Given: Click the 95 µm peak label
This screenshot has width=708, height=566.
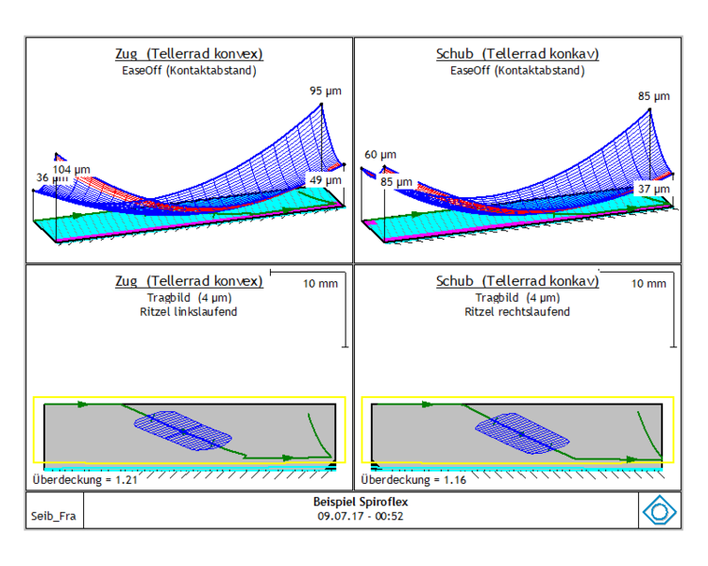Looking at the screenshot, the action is tap(325, 92).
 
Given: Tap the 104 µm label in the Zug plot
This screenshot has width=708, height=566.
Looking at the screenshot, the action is tap(72, 170).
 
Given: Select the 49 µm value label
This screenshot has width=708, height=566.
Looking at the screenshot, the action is tap(325, 180).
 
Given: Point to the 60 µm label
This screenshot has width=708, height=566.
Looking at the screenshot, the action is tap(380, 155).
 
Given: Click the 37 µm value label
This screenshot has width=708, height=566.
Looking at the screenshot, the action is tap(654, 189).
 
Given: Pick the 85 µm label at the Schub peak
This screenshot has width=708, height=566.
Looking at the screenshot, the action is tap(654, 96).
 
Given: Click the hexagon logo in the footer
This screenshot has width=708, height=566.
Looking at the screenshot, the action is tap(659, 510).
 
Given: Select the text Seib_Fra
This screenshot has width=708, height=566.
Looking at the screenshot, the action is tap(53, 516).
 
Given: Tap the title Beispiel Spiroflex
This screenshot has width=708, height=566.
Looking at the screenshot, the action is tap(361, 502).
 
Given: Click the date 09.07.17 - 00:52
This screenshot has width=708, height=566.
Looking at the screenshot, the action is tap(361, 516).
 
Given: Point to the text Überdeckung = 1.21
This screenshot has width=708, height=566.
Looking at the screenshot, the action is tap(85, 479).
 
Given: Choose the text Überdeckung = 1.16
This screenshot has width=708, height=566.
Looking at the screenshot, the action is tap(413, 479).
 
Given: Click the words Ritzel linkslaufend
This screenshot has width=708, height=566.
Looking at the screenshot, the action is tap(188, 312).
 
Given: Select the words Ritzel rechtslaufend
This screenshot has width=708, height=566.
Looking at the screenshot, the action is tap(517, 312).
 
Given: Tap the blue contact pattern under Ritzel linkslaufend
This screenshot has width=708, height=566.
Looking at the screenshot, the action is tap(183, 431).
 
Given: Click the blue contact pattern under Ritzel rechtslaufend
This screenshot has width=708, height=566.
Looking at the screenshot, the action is tap(522, 433).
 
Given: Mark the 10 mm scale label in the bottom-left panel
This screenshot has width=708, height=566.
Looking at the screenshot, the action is tap(320, 284).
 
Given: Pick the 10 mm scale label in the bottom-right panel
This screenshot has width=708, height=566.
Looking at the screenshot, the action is tap(649, 284).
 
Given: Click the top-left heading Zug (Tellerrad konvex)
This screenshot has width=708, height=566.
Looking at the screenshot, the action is tap(189, 54).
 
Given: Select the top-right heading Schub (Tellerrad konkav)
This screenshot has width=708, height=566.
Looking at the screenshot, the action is tap(517, 54).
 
